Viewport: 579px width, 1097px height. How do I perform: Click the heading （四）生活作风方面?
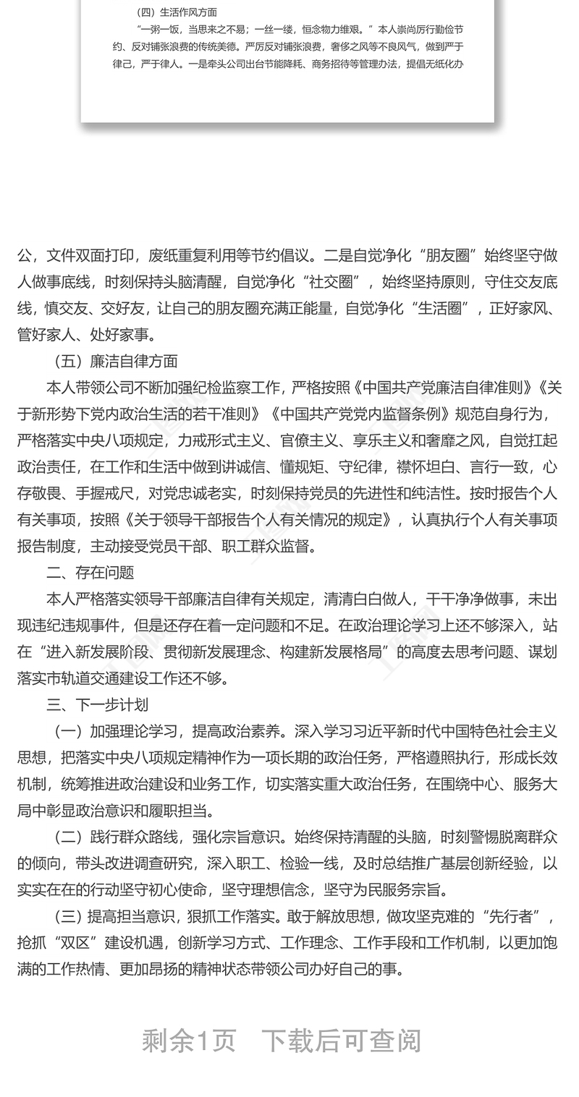pyautogui.click(x=176, y=12)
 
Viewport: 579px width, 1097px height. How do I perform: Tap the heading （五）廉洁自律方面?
pyautogui.click(x=116, y=362)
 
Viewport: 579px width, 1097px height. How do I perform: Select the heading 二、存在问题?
pyautogui.click(x=90, y=572)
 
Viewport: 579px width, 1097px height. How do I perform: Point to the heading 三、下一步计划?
pyautogui.click(x=97, y=704)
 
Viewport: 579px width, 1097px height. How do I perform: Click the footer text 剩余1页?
pyautogui.click(x=189, y=1041)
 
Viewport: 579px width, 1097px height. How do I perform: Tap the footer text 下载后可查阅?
pyautogui.click(x=341, y=1041)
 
